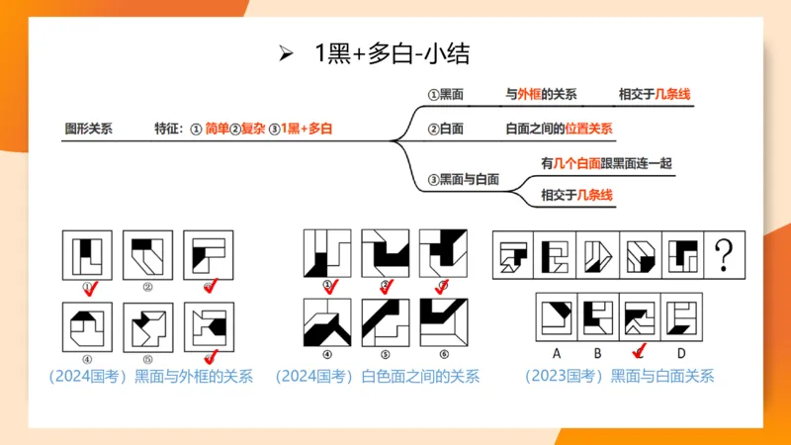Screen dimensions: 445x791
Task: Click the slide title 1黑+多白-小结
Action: (x=392, y=54)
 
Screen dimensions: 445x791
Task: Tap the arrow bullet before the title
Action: (x=288, y=54)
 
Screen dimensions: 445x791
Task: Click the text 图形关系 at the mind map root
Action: (x=88, y=129)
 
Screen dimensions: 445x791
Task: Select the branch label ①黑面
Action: (x=446, y=96)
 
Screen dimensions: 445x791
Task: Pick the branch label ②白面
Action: (x=446, y=129)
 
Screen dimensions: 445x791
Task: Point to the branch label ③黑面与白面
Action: (x=464, y=179)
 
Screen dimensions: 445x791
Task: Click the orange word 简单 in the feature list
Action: (x=217, y=129)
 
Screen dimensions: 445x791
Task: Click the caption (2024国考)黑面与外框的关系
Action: (x=150, y=376)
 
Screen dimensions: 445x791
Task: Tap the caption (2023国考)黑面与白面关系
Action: (x=620, y=376)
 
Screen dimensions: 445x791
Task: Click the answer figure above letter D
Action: (x=681, y=316)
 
